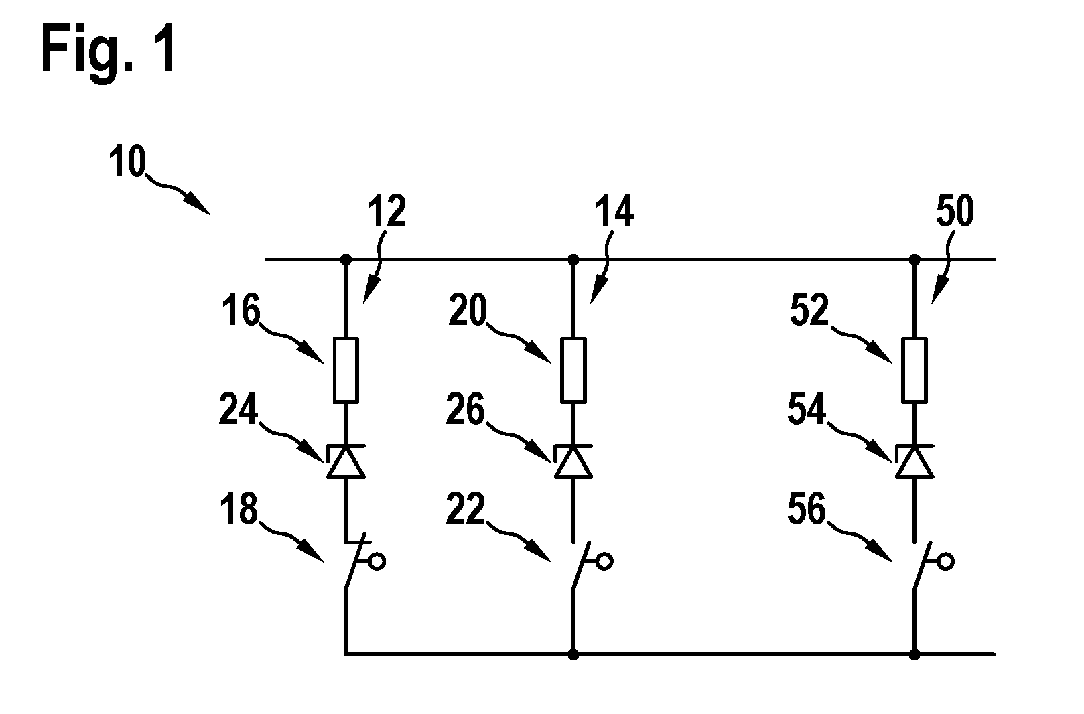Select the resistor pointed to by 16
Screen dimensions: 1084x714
coord(346,370)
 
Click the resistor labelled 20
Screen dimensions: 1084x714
coord(573,370)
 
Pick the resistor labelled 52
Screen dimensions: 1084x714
coord(914,370)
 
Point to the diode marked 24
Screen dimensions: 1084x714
coord(346,461)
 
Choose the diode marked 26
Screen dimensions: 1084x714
coord(573,461)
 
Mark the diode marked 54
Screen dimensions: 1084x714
coord(914,461)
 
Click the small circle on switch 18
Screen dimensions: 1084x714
coord(377,561)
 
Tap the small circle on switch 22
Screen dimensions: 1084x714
coord(605,561)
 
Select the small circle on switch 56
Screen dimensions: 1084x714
coord(946,561)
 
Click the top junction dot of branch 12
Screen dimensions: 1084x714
coord(346,260)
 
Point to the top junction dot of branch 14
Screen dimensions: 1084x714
coord(573,260)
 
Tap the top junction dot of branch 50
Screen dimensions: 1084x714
coord(914,260)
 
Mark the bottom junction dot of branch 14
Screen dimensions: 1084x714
coord(573,654)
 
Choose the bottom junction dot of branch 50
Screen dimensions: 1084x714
coord(914,654)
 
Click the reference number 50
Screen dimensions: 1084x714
coord(955,211)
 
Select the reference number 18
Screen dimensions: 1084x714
coord(239,508)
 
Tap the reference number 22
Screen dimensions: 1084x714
coord(466,508)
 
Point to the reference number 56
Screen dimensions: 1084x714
coord(807,508)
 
